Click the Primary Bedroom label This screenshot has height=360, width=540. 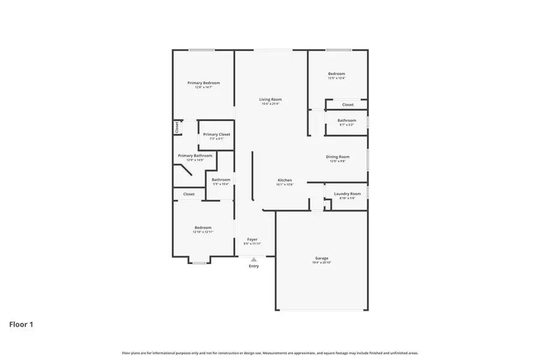pyautogui.click(x=203, y=83)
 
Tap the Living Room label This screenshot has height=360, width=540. pyautogui.click(x=270, y=99)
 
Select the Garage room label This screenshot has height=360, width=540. pyautogui.click(x=322, y=258)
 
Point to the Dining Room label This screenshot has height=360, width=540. pyautogui.click(x=338, y=157)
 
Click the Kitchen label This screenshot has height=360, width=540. pyautogui.click(x=284, y=180)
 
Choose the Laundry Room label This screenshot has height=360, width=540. pyautogui.click(x=347, y=194)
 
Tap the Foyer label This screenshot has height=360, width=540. pyautogui.click(x=253, y=239)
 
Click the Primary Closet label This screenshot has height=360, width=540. pyautogui.click(x=216, y=134)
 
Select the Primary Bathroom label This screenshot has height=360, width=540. pyautogui.click(x=195, y=155)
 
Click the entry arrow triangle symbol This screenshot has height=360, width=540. pyautogui.click(x=254, y=259)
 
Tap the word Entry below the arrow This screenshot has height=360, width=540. pyautogui.click(x=254, y=266)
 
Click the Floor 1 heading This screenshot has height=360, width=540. pyautogui.click(x=21, y=325)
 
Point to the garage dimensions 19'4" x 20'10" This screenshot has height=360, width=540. pyautogui.click(x=322, y=263)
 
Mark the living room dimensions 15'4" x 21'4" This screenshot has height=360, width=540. pyautogui.click(x=270, y=104)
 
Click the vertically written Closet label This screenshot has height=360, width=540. pyautogui.click(x=177, y=127)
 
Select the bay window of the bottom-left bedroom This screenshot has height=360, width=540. pyautogui.click(x=199, y=261)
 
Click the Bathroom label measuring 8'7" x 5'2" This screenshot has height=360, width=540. pyautogui.click(x=346, y=120)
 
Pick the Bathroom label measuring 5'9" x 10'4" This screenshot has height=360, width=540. pyautogui.click(x=221, y=179)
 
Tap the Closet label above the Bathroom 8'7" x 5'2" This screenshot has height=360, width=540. pyautogui.click(x=348, y=104)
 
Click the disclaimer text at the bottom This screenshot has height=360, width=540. pyautogui.click(x=270, y=353)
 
